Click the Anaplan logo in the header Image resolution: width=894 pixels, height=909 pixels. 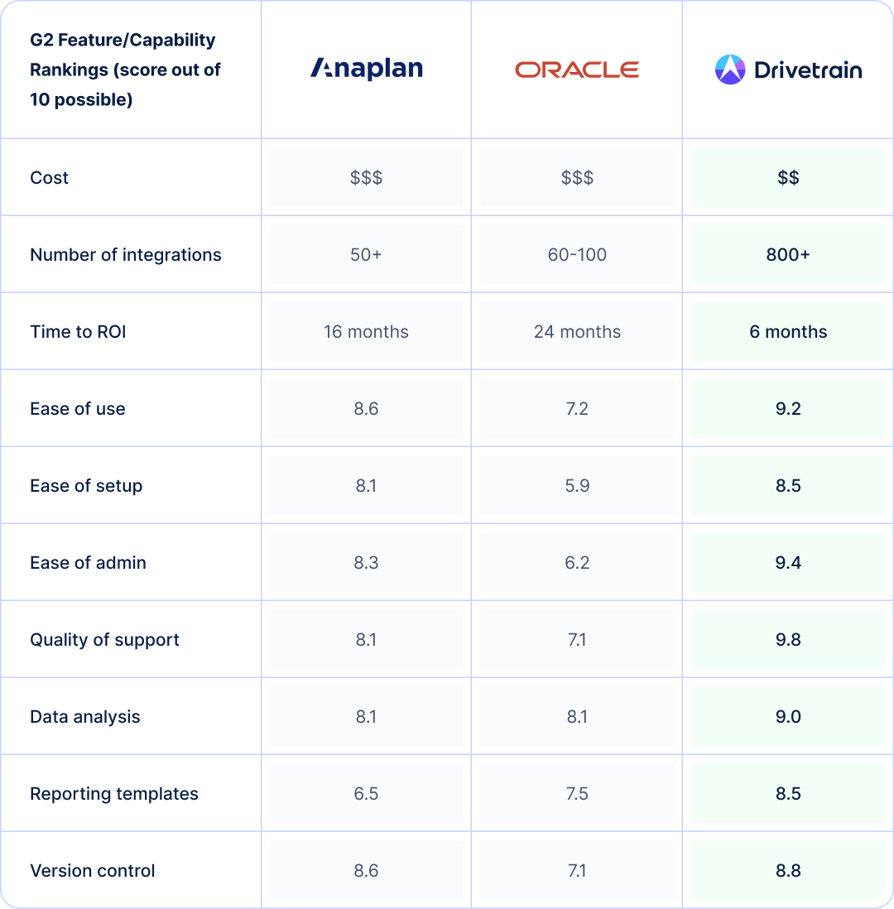pyautogui.click(x=366, y=69)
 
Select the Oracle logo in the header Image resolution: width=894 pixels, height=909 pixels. pyautogui.click(x=577, y=70)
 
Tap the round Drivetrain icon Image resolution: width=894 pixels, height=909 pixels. pyautogui.click(x=730, y=70)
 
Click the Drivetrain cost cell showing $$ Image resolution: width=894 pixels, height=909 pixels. pyautogui.click(x=788, y=178)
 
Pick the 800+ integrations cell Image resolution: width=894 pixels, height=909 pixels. pyautogui.click(x=788, y=255)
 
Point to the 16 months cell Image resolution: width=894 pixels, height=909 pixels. pyautogui.click(x=366, y=332)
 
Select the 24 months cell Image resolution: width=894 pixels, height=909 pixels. pyautogui.click(x=577, y=332)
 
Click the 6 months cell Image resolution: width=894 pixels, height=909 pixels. pyautogui.click(x=788, y=332)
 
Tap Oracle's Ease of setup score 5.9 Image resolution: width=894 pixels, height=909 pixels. pyautogui.click(x=577, y=486)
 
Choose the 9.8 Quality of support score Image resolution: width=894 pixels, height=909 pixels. pyautogui.click(x=788, y=640)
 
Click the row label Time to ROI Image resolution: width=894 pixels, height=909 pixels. pyautogui.click(x=78, y=332)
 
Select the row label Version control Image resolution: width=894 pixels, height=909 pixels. pyautogui.click(x=93, y=871)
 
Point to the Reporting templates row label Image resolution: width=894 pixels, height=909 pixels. pyautogui.click(x=114, y=794)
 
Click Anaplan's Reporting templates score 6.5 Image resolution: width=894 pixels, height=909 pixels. pyautogui.click(x=366, y=794)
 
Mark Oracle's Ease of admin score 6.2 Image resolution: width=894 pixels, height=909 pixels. pyautogui.click(x=577, y=563)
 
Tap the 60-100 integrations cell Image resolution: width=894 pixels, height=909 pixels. pyautogui.click(x=577, y=255)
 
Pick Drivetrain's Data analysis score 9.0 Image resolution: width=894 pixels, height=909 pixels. pyautogui.click(x=788, y=717)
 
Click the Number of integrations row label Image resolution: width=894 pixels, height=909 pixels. pyautogui.click(x=126, y=255)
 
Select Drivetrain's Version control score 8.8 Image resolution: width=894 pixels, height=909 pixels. pyautogui.click(x=788, y=871)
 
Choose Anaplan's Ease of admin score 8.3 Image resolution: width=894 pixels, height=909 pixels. pyautogui.click(x=366, y=563)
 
